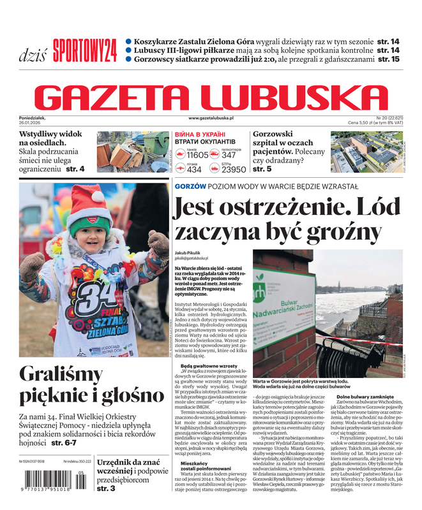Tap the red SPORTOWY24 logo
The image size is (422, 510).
85,50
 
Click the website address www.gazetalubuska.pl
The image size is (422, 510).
211,118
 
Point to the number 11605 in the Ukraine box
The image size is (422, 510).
197,155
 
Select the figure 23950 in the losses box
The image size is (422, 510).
233,170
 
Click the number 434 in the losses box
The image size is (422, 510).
194,170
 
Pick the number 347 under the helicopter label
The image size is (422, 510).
229,155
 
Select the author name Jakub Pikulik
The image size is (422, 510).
190,252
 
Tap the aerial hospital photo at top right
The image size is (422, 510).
367,152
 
